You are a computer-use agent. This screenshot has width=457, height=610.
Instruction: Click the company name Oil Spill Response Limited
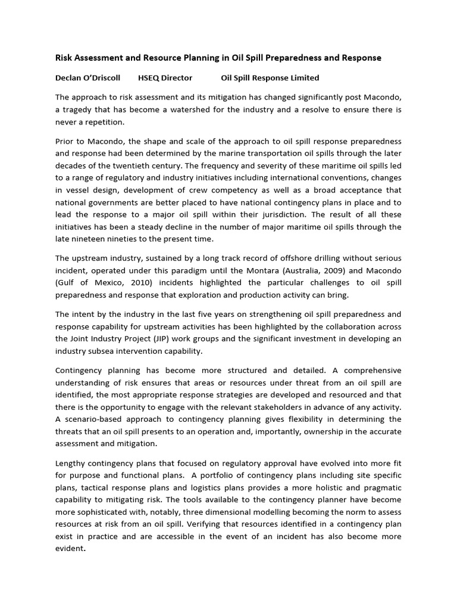tap(270, 77)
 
